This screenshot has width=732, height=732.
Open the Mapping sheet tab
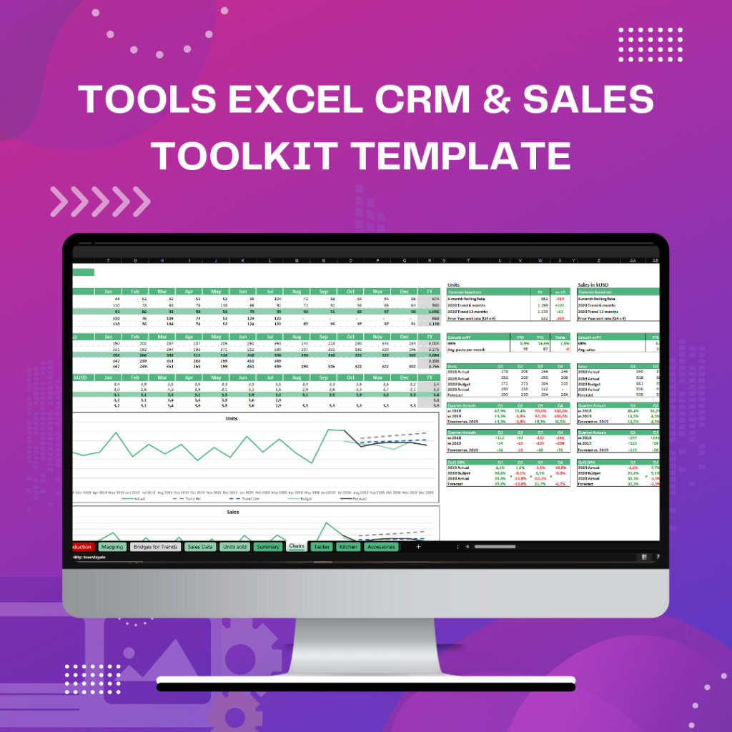(x=112, y=547)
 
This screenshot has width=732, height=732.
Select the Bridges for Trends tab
(x=155, y=547)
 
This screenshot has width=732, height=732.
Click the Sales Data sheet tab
(x=199, y=547)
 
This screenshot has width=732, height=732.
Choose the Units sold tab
(x=234, y=547)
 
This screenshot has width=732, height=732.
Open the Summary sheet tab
(x=268, y=547)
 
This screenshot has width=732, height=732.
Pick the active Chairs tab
(x=297, y=547)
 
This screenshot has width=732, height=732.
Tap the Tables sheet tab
(x=322, y=547)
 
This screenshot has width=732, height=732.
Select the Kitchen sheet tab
(x=348, y=547)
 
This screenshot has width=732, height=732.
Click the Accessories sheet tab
(x=381, y=547)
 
